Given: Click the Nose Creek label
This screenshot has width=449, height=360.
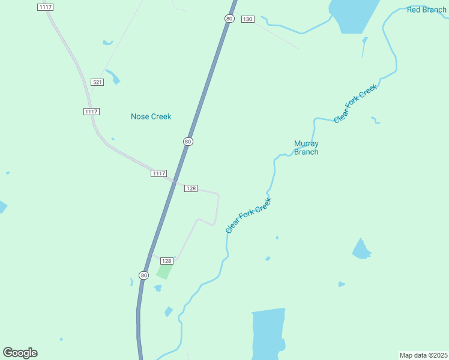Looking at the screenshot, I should coord(151,116).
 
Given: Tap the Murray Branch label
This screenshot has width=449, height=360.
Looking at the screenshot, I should coord(306,148).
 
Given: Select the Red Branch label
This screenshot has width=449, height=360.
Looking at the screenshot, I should coord(426,10).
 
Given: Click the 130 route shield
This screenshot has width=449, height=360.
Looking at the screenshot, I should coord(247,19).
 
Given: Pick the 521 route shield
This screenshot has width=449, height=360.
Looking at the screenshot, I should coord(97,82).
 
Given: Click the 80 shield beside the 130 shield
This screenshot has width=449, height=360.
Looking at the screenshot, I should coord(229,19).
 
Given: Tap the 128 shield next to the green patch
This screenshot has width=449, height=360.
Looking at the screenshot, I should coord(167,260).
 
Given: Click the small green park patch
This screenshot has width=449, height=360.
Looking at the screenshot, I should coord(164,271).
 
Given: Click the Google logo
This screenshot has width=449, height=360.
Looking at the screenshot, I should coord(20,353).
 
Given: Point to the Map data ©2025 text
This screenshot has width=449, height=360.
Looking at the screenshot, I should coord(423,355).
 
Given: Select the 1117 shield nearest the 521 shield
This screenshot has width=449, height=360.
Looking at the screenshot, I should coord(91,112).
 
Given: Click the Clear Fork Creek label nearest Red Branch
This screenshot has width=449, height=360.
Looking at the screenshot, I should coord(355,104).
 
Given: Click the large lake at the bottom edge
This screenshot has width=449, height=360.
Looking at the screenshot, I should coord(268,333).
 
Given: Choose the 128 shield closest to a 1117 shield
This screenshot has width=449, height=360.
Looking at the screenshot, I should coord(191,188).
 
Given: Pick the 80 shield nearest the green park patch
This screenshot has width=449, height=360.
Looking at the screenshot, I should coord(143,275).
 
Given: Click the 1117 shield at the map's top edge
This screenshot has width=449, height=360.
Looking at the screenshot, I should coord(45,7).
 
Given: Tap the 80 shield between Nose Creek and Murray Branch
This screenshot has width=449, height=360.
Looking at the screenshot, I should coord(188,142).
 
